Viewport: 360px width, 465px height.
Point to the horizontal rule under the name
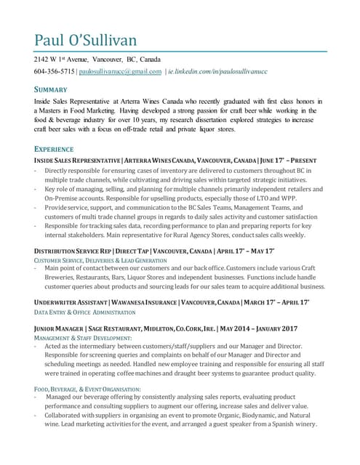(x=180, y=52)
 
